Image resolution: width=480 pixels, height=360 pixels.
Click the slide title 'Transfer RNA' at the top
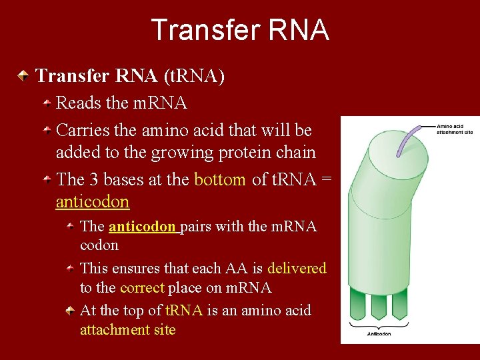point(240,30)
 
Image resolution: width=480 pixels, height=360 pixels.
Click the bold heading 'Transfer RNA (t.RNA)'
point(130,76)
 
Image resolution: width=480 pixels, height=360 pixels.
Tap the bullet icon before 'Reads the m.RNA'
point(48,103)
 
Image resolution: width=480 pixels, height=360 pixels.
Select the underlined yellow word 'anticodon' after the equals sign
point(92,201)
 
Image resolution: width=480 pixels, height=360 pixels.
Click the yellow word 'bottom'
point(219,179)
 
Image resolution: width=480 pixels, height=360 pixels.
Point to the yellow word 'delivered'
point(297,268)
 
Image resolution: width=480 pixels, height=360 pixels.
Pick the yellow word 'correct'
point(142,287)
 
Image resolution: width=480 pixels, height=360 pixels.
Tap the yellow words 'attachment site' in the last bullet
point(127,329)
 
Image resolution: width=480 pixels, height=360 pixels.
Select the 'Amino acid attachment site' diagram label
point(455,129)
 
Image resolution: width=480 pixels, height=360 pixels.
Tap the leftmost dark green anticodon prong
point(359,303)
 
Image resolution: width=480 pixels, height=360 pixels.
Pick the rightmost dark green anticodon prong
point(399,303)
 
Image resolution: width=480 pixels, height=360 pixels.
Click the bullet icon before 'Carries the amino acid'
point(48,130)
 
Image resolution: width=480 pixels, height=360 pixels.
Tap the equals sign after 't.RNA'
point(327,179)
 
